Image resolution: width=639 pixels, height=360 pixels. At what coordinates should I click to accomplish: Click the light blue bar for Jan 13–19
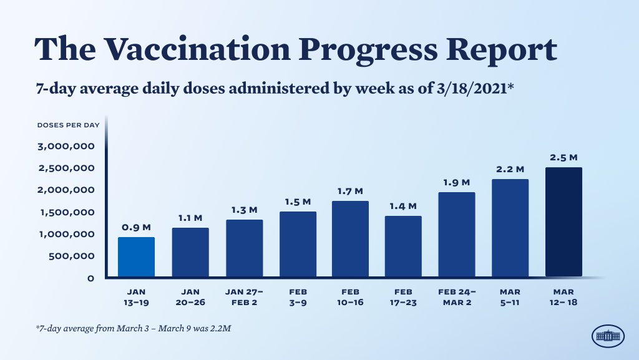coord(136,257)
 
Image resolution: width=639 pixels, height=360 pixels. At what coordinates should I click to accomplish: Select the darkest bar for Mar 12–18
coord(563,222)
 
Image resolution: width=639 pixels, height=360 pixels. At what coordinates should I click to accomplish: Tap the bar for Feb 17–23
coord(403,246)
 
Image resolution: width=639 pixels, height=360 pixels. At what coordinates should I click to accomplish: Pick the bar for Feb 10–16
coord(350,239)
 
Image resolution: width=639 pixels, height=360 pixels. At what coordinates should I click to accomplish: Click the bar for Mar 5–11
coord(510,228)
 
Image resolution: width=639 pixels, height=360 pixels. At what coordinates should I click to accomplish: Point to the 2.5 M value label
coord(563,157)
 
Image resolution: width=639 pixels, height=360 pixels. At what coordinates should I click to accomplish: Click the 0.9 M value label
coord(136,227)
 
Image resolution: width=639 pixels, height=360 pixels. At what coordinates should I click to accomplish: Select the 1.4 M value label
coord(403,206)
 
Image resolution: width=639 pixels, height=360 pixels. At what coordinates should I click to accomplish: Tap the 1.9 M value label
coord(457,182)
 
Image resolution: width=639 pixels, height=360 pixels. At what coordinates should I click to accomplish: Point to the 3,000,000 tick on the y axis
coord(66,147)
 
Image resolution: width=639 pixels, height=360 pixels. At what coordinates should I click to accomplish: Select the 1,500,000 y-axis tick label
coord(66,212)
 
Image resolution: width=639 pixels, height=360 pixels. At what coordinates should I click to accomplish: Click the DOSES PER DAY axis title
coord(68,125)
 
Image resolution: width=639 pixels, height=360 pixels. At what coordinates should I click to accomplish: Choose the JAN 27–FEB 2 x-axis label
coord(243,297)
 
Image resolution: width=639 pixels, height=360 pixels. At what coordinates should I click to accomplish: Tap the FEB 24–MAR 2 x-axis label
coord(457,297)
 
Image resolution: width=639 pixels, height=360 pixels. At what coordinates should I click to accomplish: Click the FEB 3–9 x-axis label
coord(297,297)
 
